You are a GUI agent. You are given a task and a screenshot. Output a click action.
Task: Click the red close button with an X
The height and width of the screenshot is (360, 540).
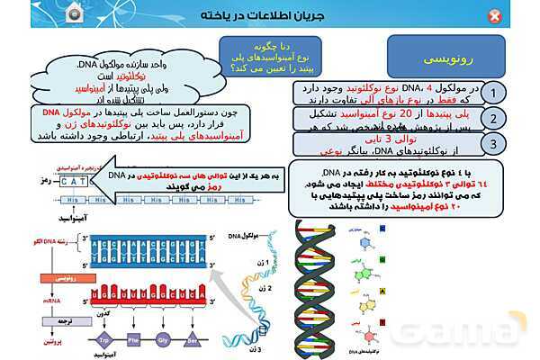[495, 16]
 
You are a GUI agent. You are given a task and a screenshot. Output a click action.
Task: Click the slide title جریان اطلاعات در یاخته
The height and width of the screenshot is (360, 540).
[271, 16]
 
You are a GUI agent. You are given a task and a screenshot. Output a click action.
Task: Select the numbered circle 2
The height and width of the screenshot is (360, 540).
[493, 119]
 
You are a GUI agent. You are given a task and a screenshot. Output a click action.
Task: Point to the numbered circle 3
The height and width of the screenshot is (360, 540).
[493, 144]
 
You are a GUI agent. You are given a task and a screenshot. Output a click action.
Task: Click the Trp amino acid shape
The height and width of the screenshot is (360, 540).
[105, 341]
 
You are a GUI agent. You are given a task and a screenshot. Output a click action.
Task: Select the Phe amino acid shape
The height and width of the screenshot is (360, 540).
[135, 341]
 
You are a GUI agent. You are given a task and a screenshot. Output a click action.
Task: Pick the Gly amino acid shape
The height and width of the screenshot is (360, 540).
[163, 341]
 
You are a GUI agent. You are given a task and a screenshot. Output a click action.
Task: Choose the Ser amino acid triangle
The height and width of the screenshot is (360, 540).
[192, 341]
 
